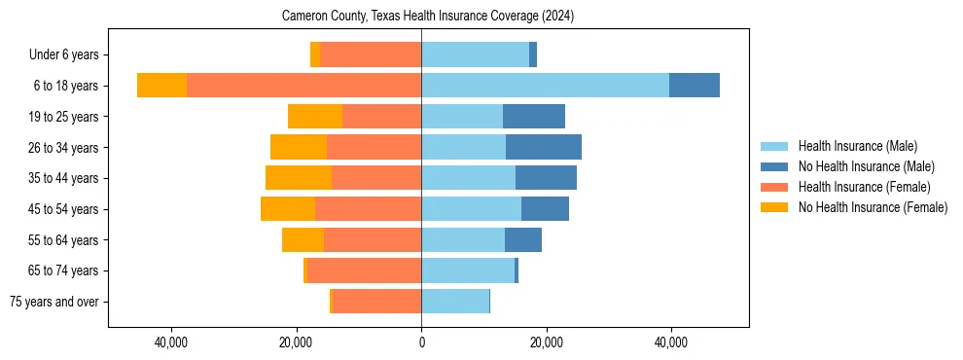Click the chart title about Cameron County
point(428,17)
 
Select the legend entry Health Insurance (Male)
point(857,146)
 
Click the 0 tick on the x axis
point(421,342)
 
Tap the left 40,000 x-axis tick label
point(171,342)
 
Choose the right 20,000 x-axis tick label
point(547,342)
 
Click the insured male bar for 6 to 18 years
point(545,86)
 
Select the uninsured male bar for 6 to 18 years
point(695,86)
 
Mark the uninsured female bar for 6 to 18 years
point(161,86)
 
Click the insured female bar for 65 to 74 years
point(364,270)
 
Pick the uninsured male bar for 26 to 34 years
point(544,147)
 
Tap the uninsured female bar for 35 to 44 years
point(299,178)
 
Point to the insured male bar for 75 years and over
point(455,302)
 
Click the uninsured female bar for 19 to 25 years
point(315,117)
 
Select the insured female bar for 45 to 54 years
point(368,209)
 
